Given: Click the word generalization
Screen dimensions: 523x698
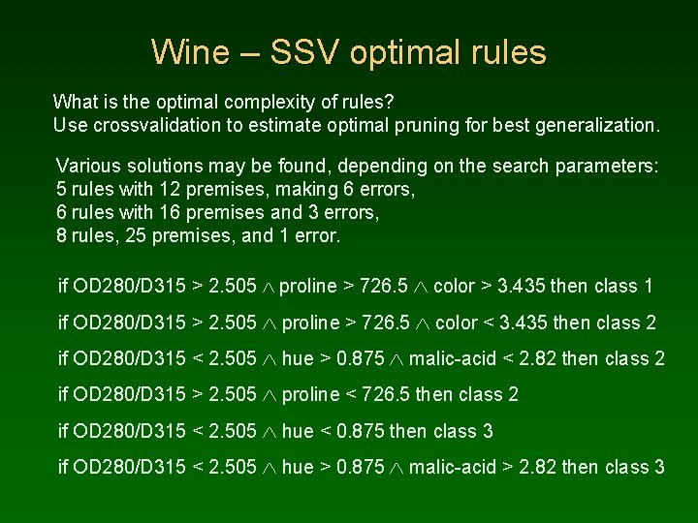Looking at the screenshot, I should click(598, 125).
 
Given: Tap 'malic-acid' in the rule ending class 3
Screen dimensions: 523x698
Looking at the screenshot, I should click(452, 467).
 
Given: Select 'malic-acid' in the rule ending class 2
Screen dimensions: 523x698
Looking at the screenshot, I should click(452, 359).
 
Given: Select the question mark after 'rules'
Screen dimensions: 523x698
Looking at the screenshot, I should click(390, 101).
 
